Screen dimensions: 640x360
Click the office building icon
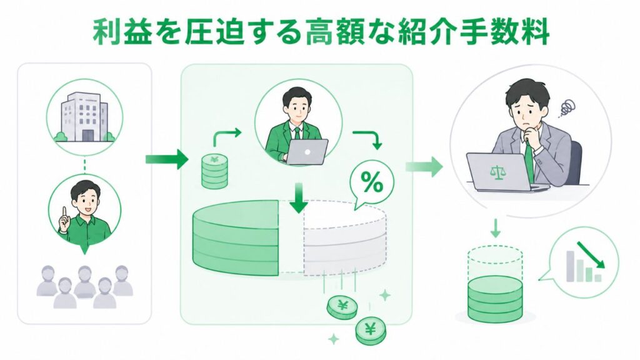click(84, 117)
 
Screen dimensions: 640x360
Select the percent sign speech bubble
click(371, 184)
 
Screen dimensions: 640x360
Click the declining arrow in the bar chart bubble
click(591, 255)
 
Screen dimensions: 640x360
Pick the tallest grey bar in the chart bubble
click(571, 266)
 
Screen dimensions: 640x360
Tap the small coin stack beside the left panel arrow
click(215, 171)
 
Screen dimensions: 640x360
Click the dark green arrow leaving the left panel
click(167, 159)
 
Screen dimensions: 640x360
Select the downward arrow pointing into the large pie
click(299, 197)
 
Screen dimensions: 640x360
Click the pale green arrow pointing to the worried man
click(424, 166)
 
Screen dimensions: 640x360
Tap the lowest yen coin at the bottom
click(371, 331)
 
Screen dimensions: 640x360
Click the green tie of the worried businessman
click(529, 161)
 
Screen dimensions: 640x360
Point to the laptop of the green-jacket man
click(306, 152)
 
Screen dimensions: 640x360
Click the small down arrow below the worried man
click(495, 228)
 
